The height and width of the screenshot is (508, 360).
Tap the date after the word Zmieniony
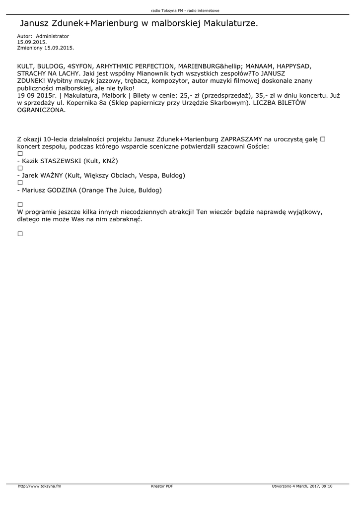point(59,48)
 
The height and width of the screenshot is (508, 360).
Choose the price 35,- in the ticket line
point(257,95)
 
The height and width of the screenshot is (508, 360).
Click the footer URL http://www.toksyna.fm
point(39,486)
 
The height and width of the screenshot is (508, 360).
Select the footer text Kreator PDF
point(162,486)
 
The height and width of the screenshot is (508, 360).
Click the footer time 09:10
point(327,486)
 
